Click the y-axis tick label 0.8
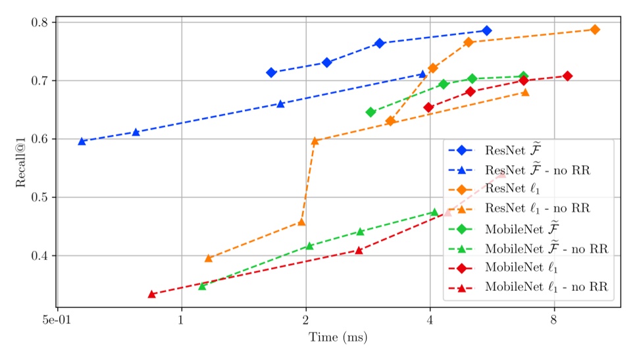(41, 22)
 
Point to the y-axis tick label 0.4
(41, 255)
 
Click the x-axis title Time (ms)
(338, 338)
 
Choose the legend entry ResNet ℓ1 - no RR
(536, 209)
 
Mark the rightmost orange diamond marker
(595, 30)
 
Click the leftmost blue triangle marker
(82, 141)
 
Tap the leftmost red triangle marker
(151, 294)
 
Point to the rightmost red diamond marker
(567, 76)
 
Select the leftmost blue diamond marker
(271, 72)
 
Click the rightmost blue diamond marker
(486, 31)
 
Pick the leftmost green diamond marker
(370, 112)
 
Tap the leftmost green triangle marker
(202, 286)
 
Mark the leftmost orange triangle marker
(209, 259)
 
